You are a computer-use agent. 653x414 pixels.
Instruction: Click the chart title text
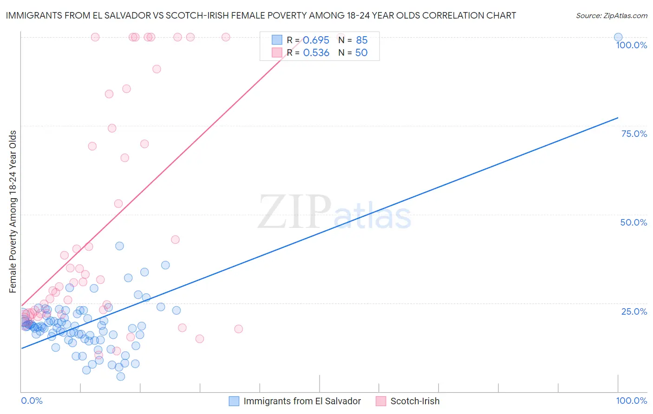261,16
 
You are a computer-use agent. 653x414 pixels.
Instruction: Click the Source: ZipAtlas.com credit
611,16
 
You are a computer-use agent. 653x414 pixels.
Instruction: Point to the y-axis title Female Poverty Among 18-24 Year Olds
13,212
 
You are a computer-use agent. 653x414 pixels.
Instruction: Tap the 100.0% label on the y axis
631,45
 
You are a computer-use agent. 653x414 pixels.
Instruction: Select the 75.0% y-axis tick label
634,134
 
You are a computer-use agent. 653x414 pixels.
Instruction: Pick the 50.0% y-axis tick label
633,223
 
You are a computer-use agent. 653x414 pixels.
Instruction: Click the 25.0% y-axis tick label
634,311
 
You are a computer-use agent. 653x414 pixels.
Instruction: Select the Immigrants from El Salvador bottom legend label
302,401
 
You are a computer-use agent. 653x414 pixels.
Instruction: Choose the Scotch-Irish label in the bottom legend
415,401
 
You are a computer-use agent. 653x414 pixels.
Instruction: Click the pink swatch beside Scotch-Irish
381,401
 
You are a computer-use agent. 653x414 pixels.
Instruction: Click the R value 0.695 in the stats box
316,40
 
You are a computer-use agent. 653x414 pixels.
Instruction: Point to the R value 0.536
316,53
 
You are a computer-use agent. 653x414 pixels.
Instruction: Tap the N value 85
361,40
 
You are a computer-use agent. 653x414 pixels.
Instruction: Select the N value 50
361,53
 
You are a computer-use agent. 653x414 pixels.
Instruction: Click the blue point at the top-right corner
618,37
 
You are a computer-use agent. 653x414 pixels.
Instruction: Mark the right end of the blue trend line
618,118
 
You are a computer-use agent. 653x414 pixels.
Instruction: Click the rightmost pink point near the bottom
238,329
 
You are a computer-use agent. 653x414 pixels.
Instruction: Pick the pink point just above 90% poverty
157,69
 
